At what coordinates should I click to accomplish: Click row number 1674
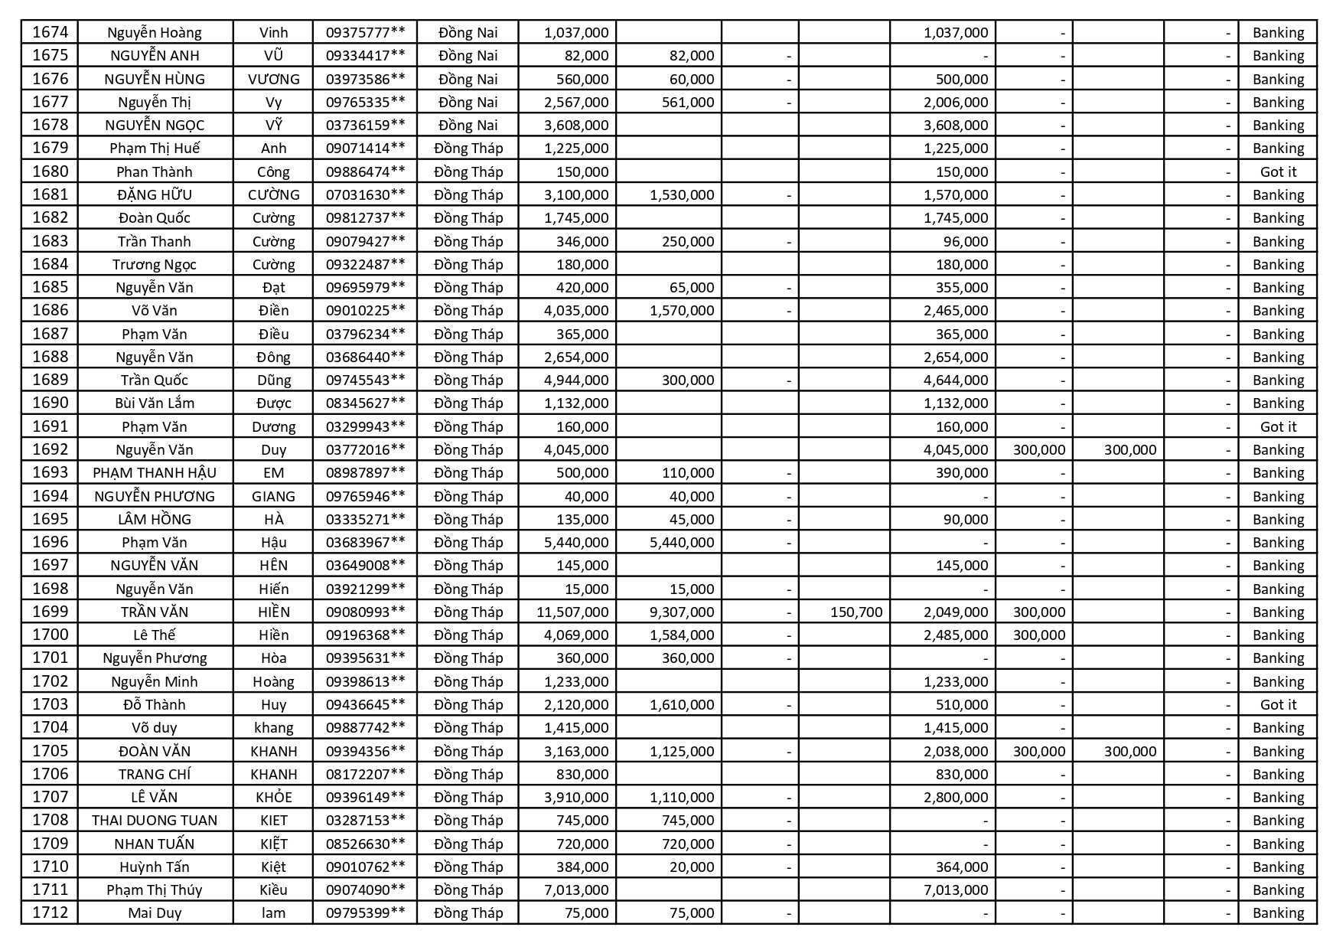point(50,32)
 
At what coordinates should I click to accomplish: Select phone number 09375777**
point(365,32)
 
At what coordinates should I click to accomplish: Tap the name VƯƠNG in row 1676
point(273,79)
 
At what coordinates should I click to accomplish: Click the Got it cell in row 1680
point(1278,171)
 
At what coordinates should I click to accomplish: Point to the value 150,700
point(856,612)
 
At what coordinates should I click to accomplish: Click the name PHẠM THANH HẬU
point(155,472)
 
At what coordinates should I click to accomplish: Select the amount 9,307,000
point(681,612)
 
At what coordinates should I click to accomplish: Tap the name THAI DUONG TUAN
point(155,820)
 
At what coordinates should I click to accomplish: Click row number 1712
point(50,912)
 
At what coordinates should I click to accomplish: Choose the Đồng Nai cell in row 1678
point(468,125)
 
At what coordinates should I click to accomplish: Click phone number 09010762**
point(365,867)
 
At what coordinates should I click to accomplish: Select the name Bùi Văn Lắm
point(155,403)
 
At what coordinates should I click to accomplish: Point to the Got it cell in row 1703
point(1278,704)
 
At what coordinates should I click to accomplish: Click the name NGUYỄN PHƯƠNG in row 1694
point(155,496)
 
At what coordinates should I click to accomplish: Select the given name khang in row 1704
point(273,727)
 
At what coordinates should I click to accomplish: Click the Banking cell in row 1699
point(1278,612)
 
